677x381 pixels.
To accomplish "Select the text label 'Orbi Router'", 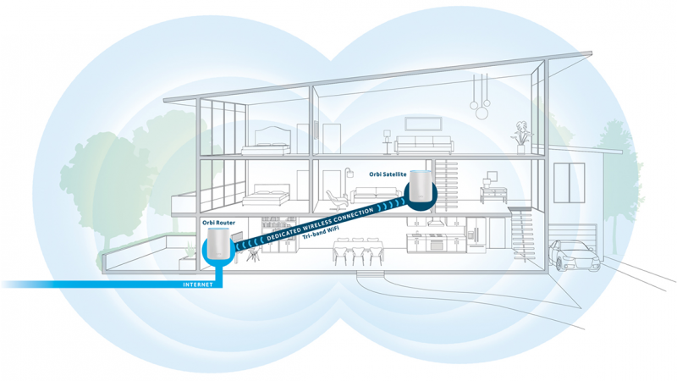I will pos(218,223).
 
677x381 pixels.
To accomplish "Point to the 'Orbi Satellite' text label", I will pos(388,174).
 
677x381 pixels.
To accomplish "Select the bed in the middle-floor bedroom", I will pos(271,197).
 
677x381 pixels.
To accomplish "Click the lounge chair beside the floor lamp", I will pos(336,201).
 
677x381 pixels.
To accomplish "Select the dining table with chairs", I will pos(355,251).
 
